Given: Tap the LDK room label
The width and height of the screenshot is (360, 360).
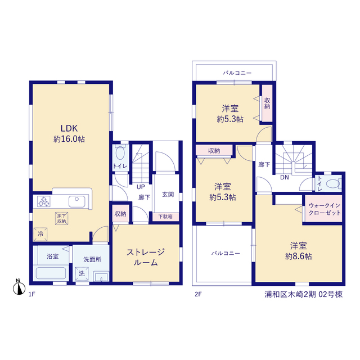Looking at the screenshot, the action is (x=69, y=128).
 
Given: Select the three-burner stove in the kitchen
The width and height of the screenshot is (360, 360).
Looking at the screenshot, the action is (x=44, y=201).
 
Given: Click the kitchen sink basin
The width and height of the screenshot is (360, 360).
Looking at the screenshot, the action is (x=77, y=201).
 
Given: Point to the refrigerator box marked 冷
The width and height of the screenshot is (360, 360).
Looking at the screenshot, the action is (x=40, y=234).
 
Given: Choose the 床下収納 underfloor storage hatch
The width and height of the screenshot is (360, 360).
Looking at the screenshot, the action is (x=62, y=218).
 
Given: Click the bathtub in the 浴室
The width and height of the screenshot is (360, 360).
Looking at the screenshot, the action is (x=51, y=273).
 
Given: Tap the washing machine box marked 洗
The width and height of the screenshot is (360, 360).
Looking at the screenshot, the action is (x=82, y=274).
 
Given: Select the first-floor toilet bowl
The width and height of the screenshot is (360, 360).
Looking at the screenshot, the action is (x=120, y=153).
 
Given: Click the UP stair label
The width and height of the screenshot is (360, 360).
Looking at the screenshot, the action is (x=141, y=187).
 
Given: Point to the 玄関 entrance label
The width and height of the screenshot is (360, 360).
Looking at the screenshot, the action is (x=168, y=195).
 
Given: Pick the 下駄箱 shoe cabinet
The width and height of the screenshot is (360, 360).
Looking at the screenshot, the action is (x=165, y=216).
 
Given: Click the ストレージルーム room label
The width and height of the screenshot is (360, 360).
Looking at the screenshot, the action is (x=146, y=257).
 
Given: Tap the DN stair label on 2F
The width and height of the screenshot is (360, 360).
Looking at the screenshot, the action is (x=285, y=177).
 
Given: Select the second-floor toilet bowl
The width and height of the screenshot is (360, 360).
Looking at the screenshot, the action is (x=333, y=184).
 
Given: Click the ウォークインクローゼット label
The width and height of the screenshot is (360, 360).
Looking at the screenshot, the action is (x=325, y=209).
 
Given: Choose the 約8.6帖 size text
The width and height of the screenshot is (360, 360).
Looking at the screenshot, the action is (x=299, y=256).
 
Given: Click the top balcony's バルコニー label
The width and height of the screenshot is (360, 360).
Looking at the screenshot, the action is (x=237, y=73).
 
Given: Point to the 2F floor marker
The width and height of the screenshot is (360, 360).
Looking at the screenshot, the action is (x=198, y=294).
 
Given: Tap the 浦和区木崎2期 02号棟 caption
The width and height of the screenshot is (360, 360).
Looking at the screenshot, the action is (x=304, y=294).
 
